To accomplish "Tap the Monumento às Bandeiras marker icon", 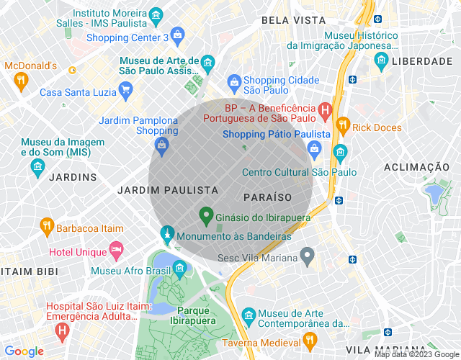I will [x=167, y=235].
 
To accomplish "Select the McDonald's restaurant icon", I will [x=21, y=81].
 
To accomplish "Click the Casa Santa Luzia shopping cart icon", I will [x=126, y=91].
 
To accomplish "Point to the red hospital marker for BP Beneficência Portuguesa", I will [x=324, y=111].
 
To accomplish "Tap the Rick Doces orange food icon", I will [x=343, y=127].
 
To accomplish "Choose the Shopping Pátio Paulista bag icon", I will [x=314, y=149].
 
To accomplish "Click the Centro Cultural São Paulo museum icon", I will [x=339, y=153].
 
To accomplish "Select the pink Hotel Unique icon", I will [x=116, y=251].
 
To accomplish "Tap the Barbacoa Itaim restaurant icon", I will [x=47, y=228].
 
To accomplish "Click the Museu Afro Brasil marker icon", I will [x=180, y=270].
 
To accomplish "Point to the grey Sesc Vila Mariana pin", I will [x=308, y=256].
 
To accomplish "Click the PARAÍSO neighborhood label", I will [x=267, y=197].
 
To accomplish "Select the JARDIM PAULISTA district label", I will [x=167, y=190].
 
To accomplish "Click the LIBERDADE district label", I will [x=422, y=62].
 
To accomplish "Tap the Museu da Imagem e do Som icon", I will [x=37, y=168].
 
